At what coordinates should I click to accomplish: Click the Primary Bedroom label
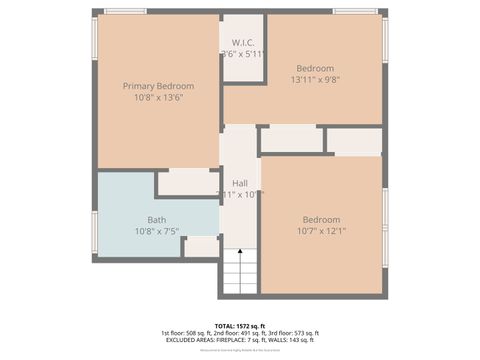(x=158, y=86)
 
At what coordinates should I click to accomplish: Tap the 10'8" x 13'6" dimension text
(x=158, y=98)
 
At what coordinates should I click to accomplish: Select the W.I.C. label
(x=242, y=42)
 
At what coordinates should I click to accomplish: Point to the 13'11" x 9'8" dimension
(x=316, y=79)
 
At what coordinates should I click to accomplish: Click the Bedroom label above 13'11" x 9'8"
(x=316, y=67)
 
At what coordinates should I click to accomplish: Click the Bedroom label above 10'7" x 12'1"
(x=321, y=220)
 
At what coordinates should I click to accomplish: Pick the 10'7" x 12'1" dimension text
(x=321, y=232)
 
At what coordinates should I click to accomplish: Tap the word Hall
(x=240, y=183)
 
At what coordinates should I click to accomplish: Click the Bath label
(x=157, y=220)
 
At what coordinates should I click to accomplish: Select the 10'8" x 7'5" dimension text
(x=157, y=232)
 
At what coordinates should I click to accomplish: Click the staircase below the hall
(x=239, y=272)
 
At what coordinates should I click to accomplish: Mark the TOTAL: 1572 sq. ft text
(x=240, y=325)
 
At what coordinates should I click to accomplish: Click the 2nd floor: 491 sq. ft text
(x=240, y=333)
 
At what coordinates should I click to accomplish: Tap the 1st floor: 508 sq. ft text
(x=186, y=333)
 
